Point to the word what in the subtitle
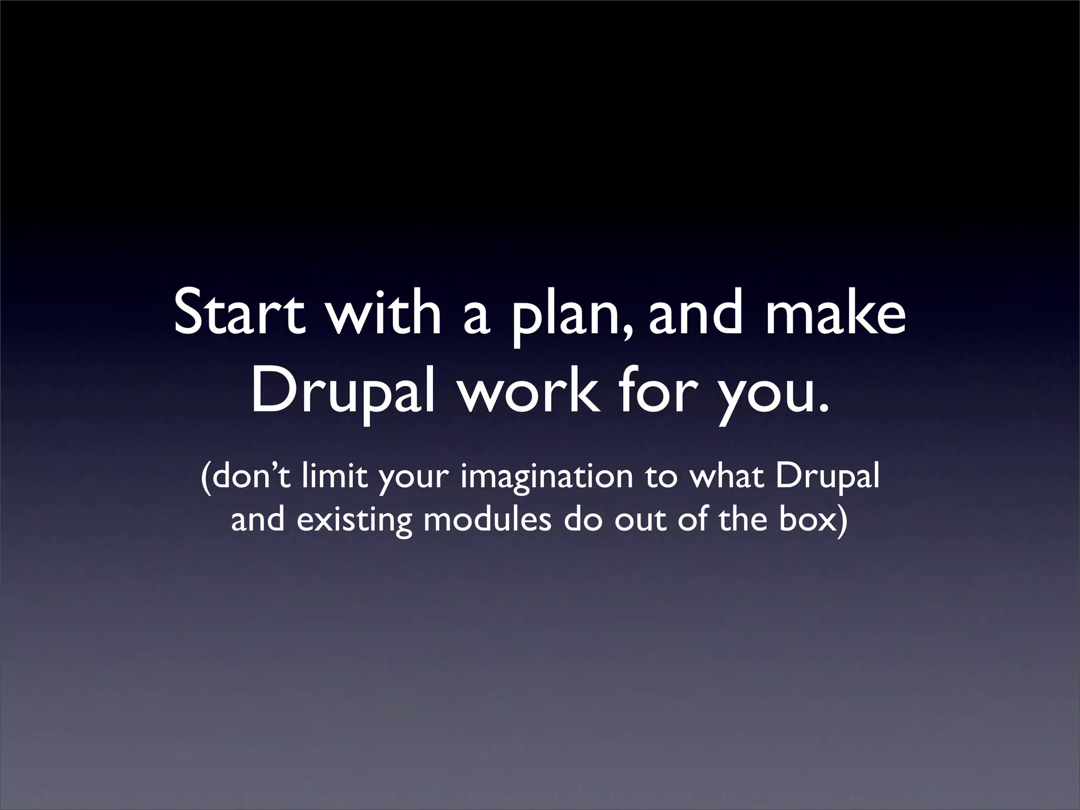727,477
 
